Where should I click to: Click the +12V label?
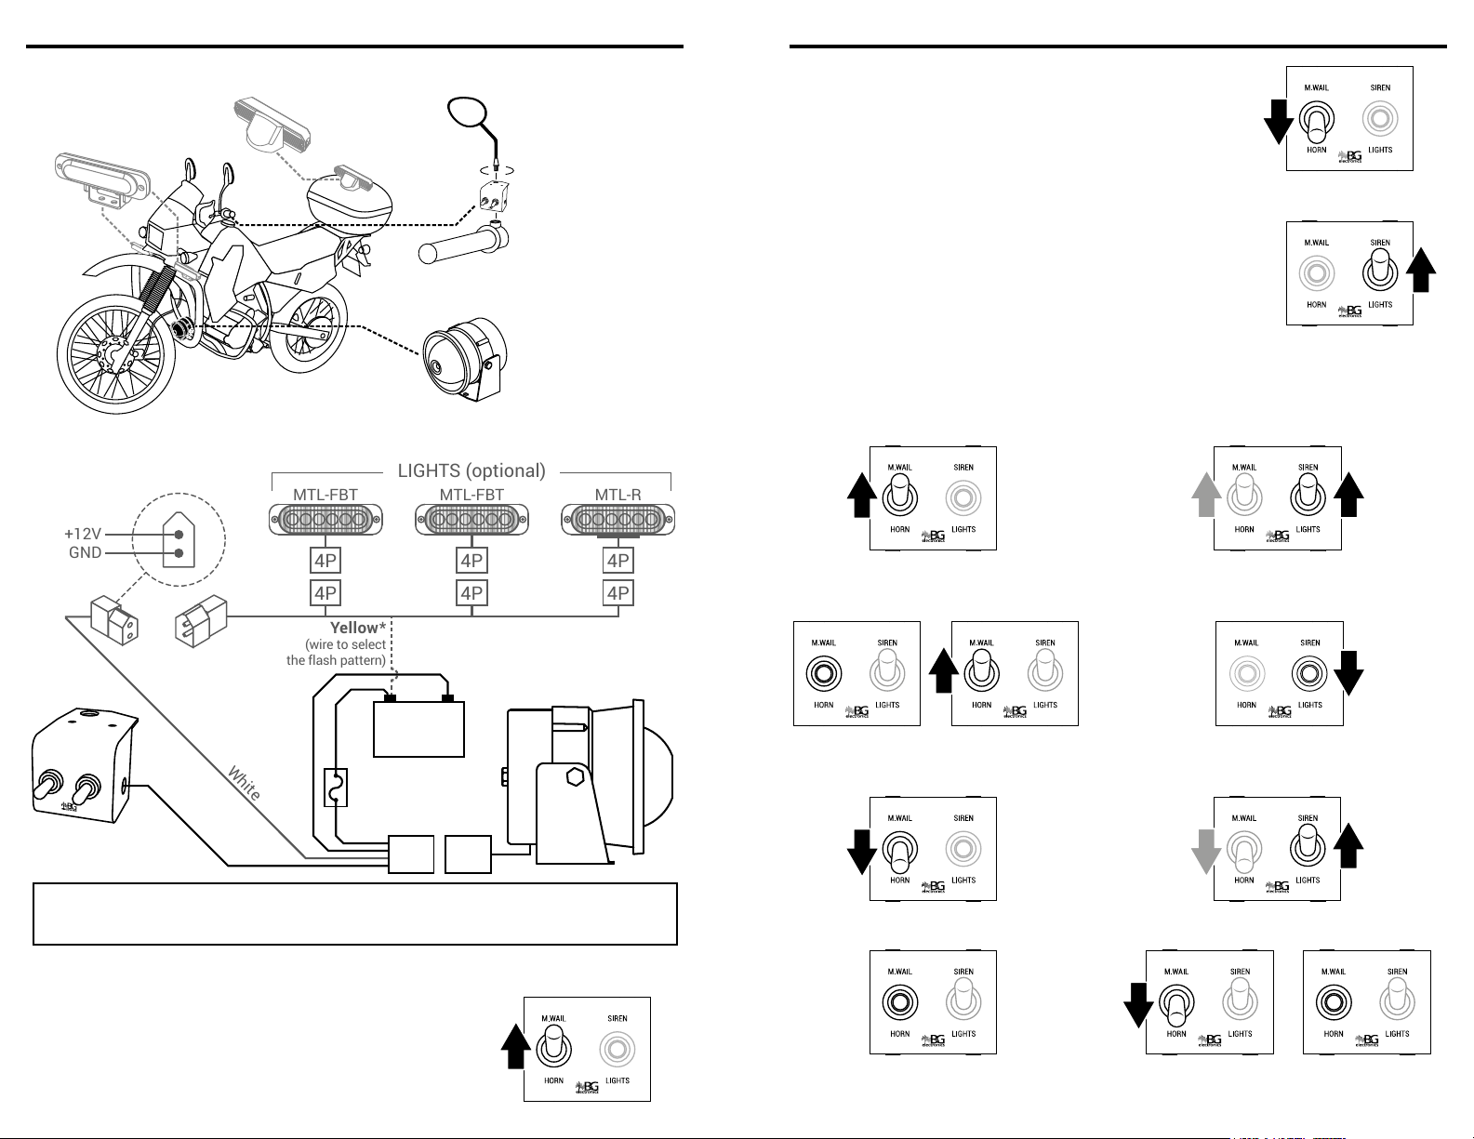coord(83,535)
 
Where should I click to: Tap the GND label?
coord(85,552)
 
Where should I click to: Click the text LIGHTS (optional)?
coord(471,470)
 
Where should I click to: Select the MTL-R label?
coord(617,494)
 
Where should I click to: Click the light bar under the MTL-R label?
coord(617,520)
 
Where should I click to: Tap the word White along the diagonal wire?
coord(245,783)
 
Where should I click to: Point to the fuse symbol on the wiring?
coord(335,788)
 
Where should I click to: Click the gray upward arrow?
coord(1206,495)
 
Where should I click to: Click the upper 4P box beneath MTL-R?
coord(618,561)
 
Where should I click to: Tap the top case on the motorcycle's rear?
coord(349,196)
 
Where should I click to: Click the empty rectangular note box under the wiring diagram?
coord(354,914)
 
